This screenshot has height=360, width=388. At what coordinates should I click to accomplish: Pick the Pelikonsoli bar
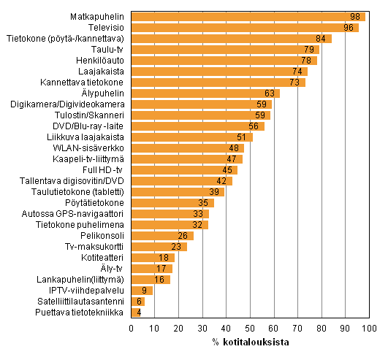[161, 236]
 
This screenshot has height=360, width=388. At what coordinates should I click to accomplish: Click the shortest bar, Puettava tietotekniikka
[135, 313]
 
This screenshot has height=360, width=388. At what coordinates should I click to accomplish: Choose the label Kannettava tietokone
[87, 82]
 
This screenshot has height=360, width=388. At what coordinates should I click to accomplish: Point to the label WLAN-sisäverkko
[92, 148]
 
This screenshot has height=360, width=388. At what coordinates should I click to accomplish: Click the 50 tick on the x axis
[250, 329]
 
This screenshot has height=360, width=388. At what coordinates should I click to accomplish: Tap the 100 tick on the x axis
[368, 329]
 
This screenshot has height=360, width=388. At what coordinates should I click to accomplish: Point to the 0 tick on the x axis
[132, 329]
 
